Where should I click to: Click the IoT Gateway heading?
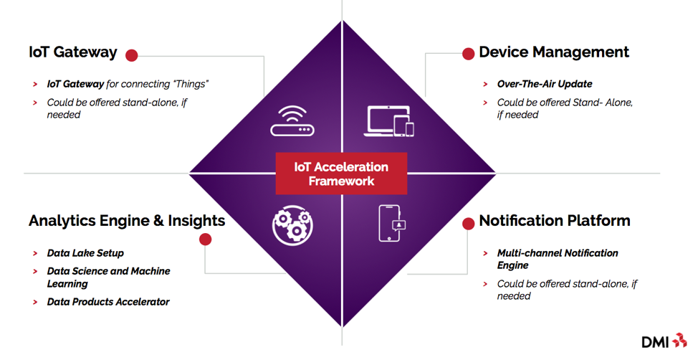pyautogui.click(x=72, y=52)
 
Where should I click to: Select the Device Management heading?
pyautogui.click(x=553, y=52)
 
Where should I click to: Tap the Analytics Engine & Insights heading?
pyautogui.click(x=127, y=221)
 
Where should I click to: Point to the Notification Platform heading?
pyautogui.click(x=554, y=221)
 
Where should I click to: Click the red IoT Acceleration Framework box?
pyautogui.click(x=341, y=174)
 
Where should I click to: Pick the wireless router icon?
pyautogui.click(x=292, y=121)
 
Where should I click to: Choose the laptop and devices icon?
pyautogui.click(x=390, y=121)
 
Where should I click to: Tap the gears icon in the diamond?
pyautogui.click(x=292, y=224)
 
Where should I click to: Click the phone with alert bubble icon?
pyautogui.click(x=391, y=224)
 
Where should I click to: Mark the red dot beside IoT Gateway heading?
pyautogui.click(x=131, y=55)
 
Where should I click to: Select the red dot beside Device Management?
pyautogui.click(x=468, y=54)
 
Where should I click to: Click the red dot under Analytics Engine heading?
pyautogui.click(x=206, y=239)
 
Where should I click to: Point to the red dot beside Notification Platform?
pyautogui.click(x=468, y=224)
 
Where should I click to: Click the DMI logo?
pyautogui.click(x=664, y=341)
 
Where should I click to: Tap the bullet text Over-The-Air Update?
pyautogui.click(x=545, y=84)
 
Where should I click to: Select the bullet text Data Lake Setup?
pyautogui.click(x=85, y=253)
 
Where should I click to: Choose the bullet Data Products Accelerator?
pyautogui.click(x=108, y=302)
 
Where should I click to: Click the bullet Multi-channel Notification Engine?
pyautogui.click(x=558, y=259)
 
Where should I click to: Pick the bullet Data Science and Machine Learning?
pyautogui.click(x=108, y=278)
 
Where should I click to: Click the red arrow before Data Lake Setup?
pyautogui.click(x=35, y=254)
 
